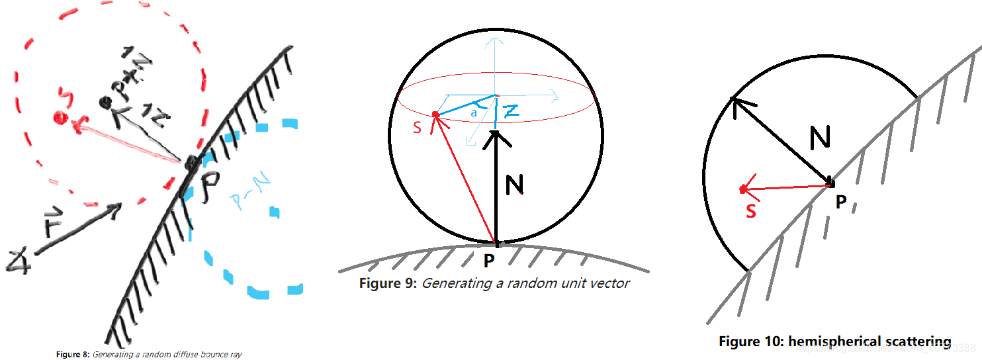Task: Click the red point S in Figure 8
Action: (x=61, y=118)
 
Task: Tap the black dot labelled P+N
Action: (x=104, y=102)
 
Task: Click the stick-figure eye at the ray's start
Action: (x=15, y=261)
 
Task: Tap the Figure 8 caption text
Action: (x=148, y=355)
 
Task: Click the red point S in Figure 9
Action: (x=435, y=115)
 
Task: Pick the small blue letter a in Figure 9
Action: (x=474, y=113)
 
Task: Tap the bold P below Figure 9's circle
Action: (x=489, y=261)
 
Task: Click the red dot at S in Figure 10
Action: (x=743, y=190)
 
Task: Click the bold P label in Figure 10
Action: (x=840, y=202)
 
